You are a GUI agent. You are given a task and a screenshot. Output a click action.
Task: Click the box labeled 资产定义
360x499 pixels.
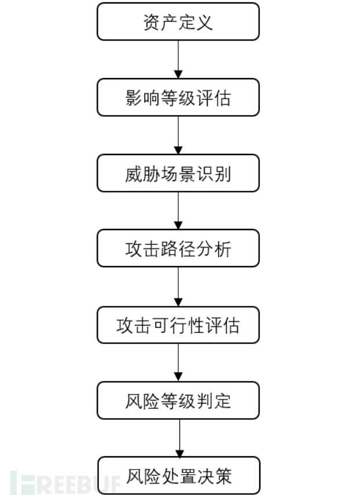(x=178, y=22)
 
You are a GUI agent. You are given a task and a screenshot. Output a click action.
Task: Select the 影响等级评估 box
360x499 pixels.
(x=178, y=98)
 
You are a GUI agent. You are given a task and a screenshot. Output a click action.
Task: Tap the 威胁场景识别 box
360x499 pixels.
(x=178, y=173)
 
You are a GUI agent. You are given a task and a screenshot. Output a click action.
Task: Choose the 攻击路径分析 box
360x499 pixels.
(x=178, y=249)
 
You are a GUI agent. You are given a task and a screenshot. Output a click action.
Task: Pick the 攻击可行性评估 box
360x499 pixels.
(x=178, y=325)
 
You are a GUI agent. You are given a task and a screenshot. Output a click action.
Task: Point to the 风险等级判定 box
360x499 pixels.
(x=178, y=400)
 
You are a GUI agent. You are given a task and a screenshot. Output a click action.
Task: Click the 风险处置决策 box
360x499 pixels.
(x=178, y=476)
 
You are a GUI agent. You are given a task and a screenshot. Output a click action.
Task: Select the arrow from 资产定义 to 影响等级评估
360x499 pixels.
(x=178, y=60)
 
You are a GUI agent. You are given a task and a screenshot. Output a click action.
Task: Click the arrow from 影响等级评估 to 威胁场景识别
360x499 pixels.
(x=178, y=135)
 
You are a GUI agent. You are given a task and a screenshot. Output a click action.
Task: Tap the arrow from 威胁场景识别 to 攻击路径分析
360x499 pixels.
(x=178, y=210)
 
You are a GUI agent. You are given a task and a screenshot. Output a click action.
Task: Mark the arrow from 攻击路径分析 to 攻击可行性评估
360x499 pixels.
(x=178, y=287)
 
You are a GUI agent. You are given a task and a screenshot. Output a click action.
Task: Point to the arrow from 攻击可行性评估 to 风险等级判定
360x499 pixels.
(x=178, y=363)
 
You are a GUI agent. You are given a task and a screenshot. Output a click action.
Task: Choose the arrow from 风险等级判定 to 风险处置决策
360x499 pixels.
(x=178, y=438)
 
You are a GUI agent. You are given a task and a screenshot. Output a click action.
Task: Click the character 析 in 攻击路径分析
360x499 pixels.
(x=222, y=249)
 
